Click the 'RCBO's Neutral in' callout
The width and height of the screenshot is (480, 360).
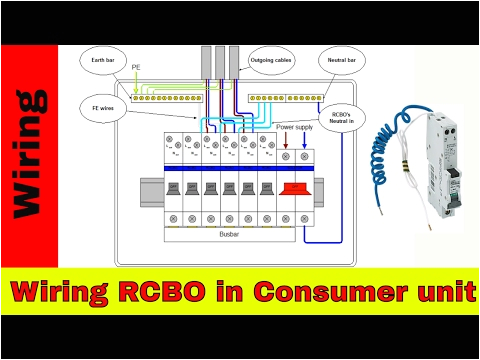tap(346, 116)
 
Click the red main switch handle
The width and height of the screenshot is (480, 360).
tap(296, 188)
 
